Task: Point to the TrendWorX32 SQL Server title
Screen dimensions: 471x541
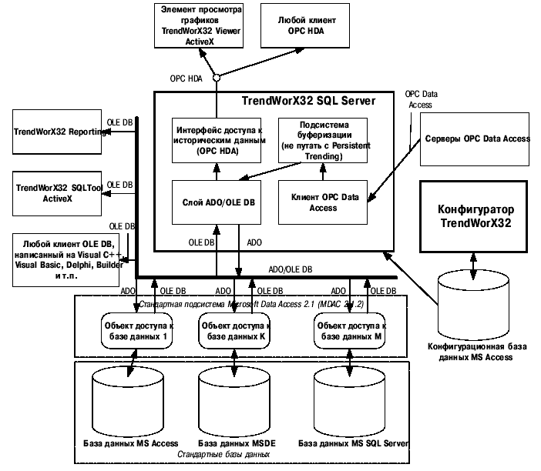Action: (x=308, y=102)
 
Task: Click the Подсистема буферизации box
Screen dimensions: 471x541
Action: (x=322, y=139)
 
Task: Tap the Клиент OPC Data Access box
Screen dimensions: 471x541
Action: (x=322, y=202)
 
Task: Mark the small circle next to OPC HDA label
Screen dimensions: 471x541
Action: (x=218, y=77)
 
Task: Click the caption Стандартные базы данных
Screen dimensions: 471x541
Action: (x=223, y=455)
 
